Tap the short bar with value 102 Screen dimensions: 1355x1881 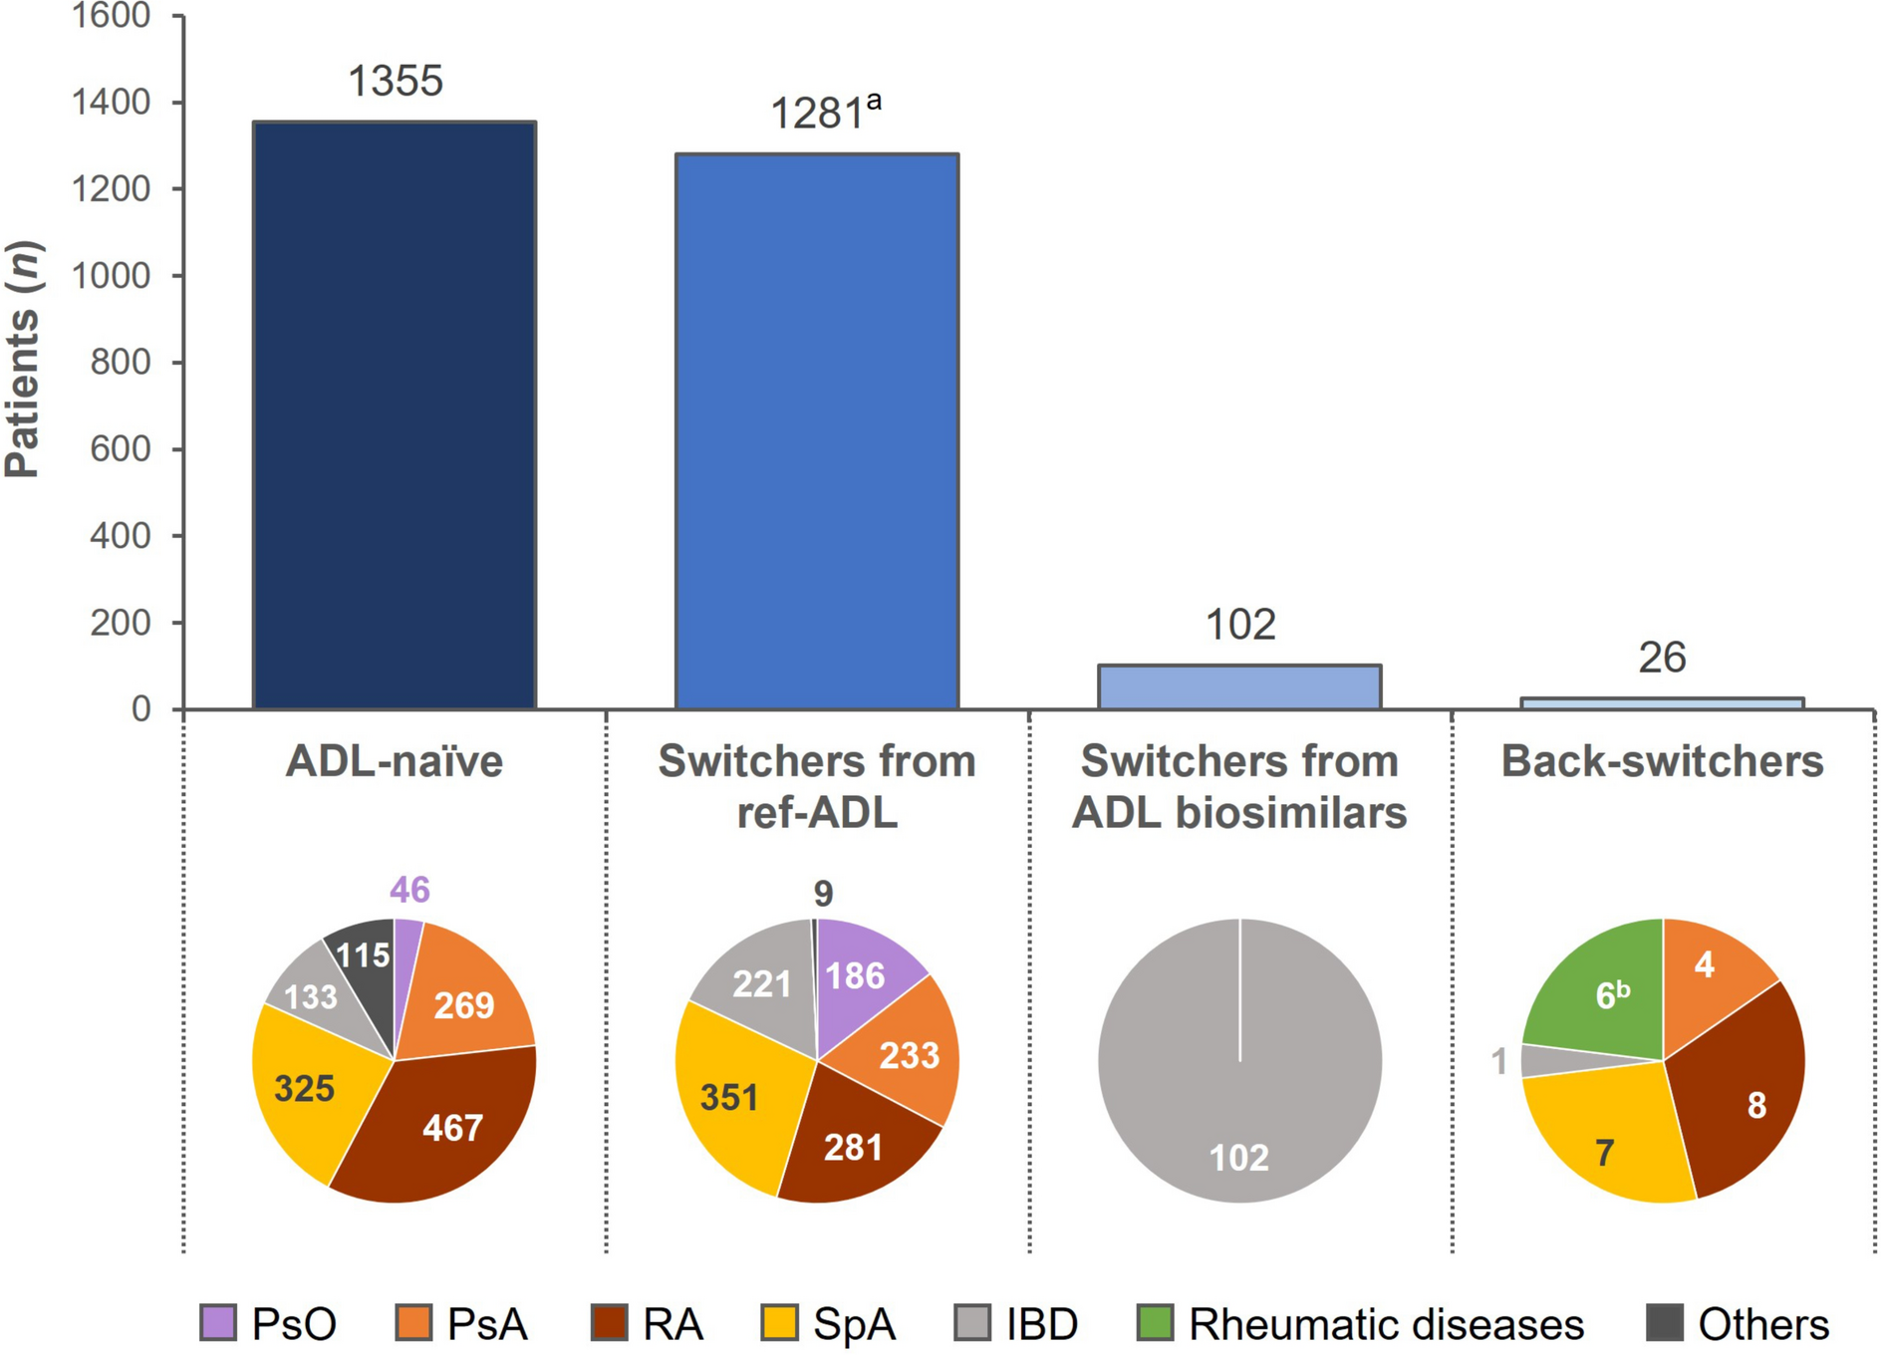[x=1239, y=686]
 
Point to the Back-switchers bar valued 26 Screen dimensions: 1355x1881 [x=1662, y=703]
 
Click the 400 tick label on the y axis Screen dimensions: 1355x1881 [x=120, y=536]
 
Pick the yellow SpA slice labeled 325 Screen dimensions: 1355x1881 [x=304, y=1088]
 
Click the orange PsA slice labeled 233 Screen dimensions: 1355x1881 [x=907, y=1054]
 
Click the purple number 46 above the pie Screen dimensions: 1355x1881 [x=409, y=890]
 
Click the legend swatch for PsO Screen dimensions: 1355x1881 [x=218, y=1323]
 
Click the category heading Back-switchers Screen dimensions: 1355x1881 [x=1662, y=761]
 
